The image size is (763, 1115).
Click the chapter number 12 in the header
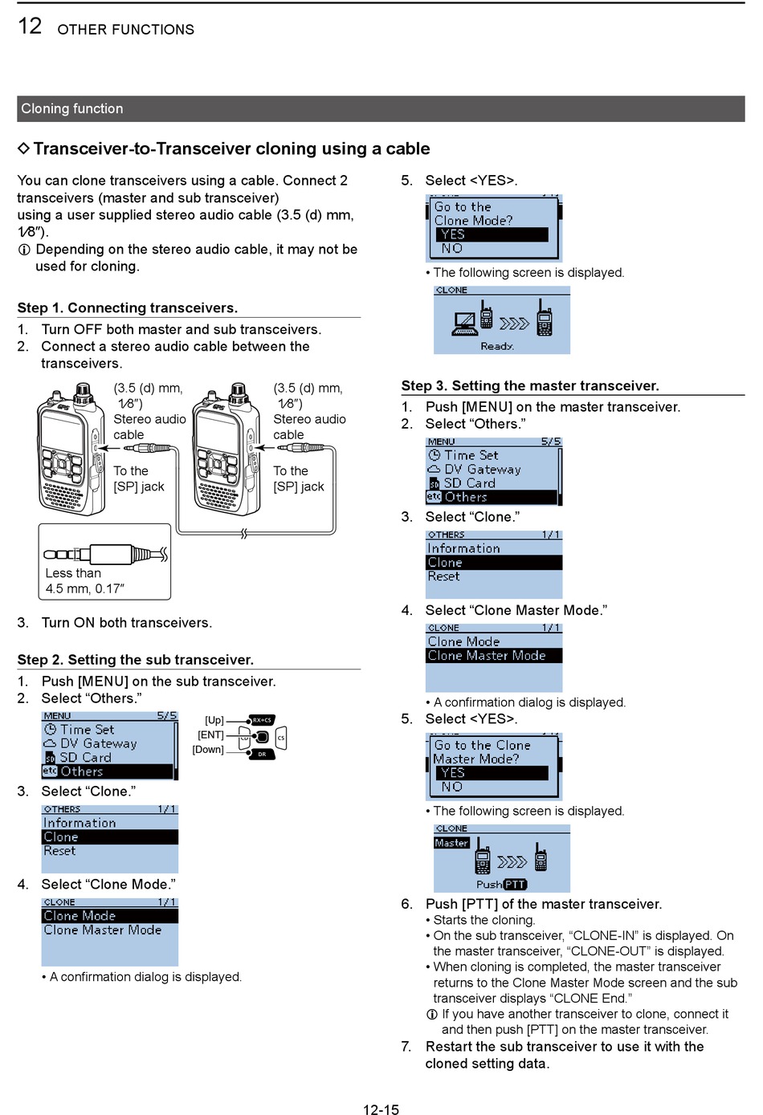pyautogui.click(x=30, y=26)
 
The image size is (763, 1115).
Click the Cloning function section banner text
pyautogui.click(x=72, y=108)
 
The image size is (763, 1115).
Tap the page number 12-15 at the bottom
pyautogui.click(x=381, y=1109)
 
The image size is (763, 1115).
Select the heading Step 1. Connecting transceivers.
pyautogui.click(x=128, y=308)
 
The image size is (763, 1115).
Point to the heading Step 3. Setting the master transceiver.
pyautogui.click(x=530, y=386)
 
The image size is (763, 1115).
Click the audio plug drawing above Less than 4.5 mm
pyautogui.click(x=105, y=554)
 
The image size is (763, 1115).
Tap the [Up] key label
pyautogui.click(x=214, y=720)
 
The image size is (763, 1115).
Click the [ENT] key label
pyautogui.click(x=211, y=735)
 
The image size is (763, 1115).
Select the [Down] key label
pyautogui.click(x=208, y=750)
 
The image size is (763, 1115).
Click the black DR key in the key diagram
pyautogui.click(x=262, y=754)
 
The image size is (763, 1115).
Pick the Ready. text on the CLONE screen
pyautogui.click(x=497, y=346)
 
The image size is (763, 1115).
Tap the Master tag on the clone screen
pyautogui.click(x=451, y=843)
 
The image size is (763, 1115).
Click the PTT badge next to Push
pyautogui.click(x=515, y=885)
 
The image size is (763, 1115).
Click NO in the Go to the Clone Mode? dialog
pyautogui.click(x=452, y=249)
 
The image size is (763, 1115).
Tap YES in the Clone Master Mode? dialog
pyautogui.click(x=452, y=772)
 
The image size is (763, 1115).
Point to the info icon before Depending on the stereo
pyautogui.click(x=24, y=250)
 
